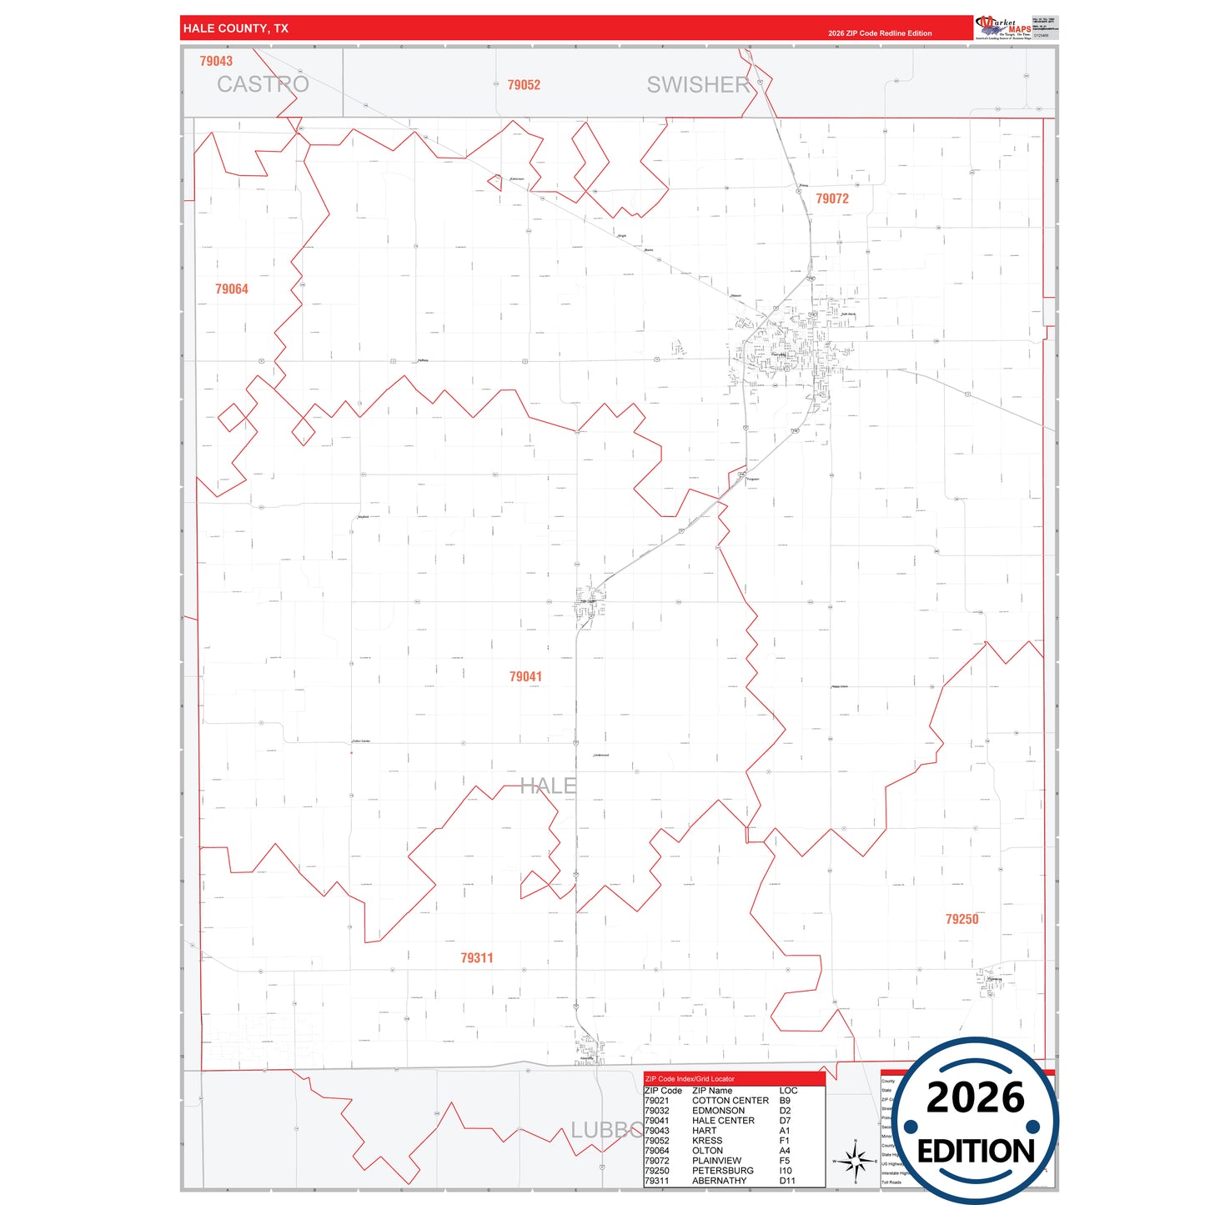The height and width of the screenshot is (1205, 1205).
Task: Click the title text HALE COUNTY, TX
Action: (x=236, y=28)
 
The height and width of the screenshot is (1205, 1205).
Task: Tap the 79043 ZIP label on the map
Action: (x=216, y=61)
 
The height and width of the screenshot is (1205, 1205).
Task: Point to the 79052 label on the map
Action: (x=524, y=85)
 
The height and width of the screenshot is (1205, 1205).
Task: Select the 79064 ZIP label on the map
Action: (x=232, y=289)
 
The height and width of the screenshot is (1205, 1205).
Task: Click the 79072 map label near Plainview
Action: (x=832, y=198)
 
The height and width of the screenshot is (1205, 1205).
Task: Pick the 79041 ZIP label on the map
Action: (x=525, y=676)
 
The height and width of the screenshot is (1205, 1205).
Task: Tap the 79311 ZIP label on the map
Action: (x=477, y=958)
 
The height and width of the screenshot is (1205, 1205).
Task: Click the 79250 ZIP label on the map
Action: (x=961, y=919)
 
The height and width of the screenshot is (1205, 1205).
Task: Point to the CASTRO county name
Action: (x=263, y=84)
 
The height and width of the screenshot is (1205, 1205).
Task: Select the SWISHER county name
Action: (x=699, y=84)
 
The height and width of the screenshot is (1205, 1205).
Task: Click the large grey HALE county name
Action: (x=548, y=786)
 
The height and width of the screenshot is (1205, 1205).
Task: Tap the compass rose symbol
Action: (x=855, y=1160)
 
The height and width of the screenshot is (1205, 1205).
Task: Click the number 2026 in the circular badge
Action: (x=975, y=1097)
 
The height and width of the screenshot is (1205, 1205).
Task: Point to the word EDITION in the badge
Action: (x=976, y=1152)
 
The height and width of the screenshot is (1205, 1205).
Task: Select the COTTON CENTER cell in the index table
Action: (x=731, y=1101)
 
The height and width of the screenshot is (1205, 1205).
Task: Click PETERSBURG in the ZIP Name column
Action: (x=723, y=1171)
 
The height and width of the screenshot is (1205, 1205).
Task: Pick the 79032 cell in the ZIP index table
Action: (x=656, y=1111)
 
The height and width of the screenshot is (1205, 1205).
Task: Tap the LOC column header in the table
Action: (x=788, y=1091)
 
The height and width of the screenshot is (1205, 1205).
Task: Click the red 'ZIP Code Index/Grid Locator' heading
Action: (x=690, y=1079)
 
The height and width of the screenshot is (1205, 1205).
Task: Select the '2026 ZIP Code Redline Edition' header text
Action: (x=880, y=33)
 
